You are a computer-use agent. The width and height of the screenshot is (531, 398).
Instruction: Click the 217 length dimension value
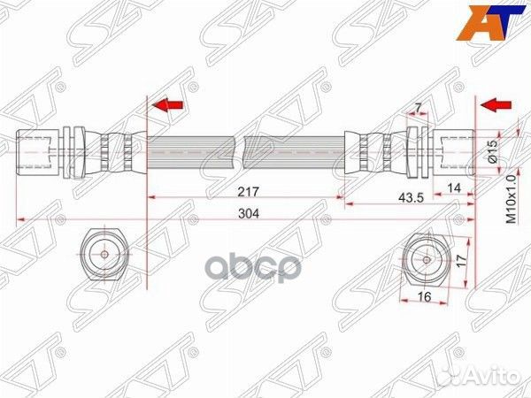pos(248,192)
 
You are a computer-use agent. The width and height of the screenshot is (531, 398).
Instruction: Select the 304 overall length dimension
pos(249,213)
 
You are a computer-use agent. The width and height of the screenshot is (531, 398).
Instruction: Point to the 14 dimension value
pos(454,188)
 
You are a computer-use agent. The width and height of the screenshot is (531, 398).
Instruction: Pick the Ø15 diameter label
pos(494,151)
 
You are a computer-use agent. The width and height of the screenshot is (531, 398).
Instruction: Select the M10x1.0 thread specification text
pos(512,199)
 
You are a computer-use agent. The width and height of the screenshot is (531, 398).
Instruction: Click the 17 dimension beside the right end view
pos(461,261)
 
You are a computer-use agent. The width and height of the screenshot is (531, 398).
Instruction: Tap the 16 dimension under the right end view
pos(424,297)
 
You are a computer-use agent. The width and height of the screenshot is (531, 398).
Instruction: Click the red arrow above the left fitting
pos(168,105)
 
